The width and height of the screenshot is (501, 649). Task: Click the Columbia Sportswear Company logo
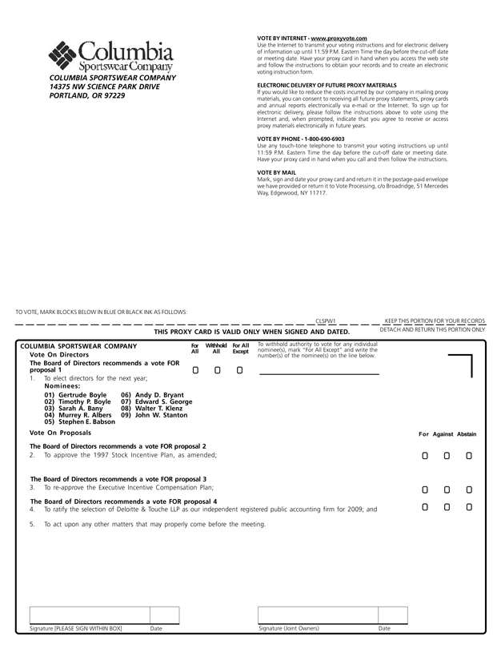(111, 55)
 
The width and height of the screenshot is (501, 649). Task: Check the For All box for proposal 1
(195, 370)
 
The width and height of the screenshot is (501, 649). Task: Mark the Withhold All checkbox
(217, 370)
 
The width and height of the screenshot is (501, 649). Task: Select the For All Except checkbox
(239, 370)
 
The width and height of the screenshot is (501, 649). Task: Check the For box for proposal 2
(425, 456)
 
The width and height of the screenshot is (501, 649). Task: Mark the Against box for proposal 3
(447, 490)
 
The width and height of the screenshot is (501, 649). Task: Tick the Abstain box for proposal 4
(469, 506)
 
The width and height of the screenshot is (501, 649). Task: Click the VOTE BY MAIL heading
(277, 172)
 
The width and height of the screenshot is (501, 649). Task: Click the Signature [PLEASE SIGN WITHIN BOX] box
(104, 615)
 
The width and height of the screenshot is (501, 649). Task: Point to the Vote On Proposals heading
(60, 433)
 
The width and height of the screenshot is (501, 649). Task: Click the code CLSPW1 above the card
(326, 320)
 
